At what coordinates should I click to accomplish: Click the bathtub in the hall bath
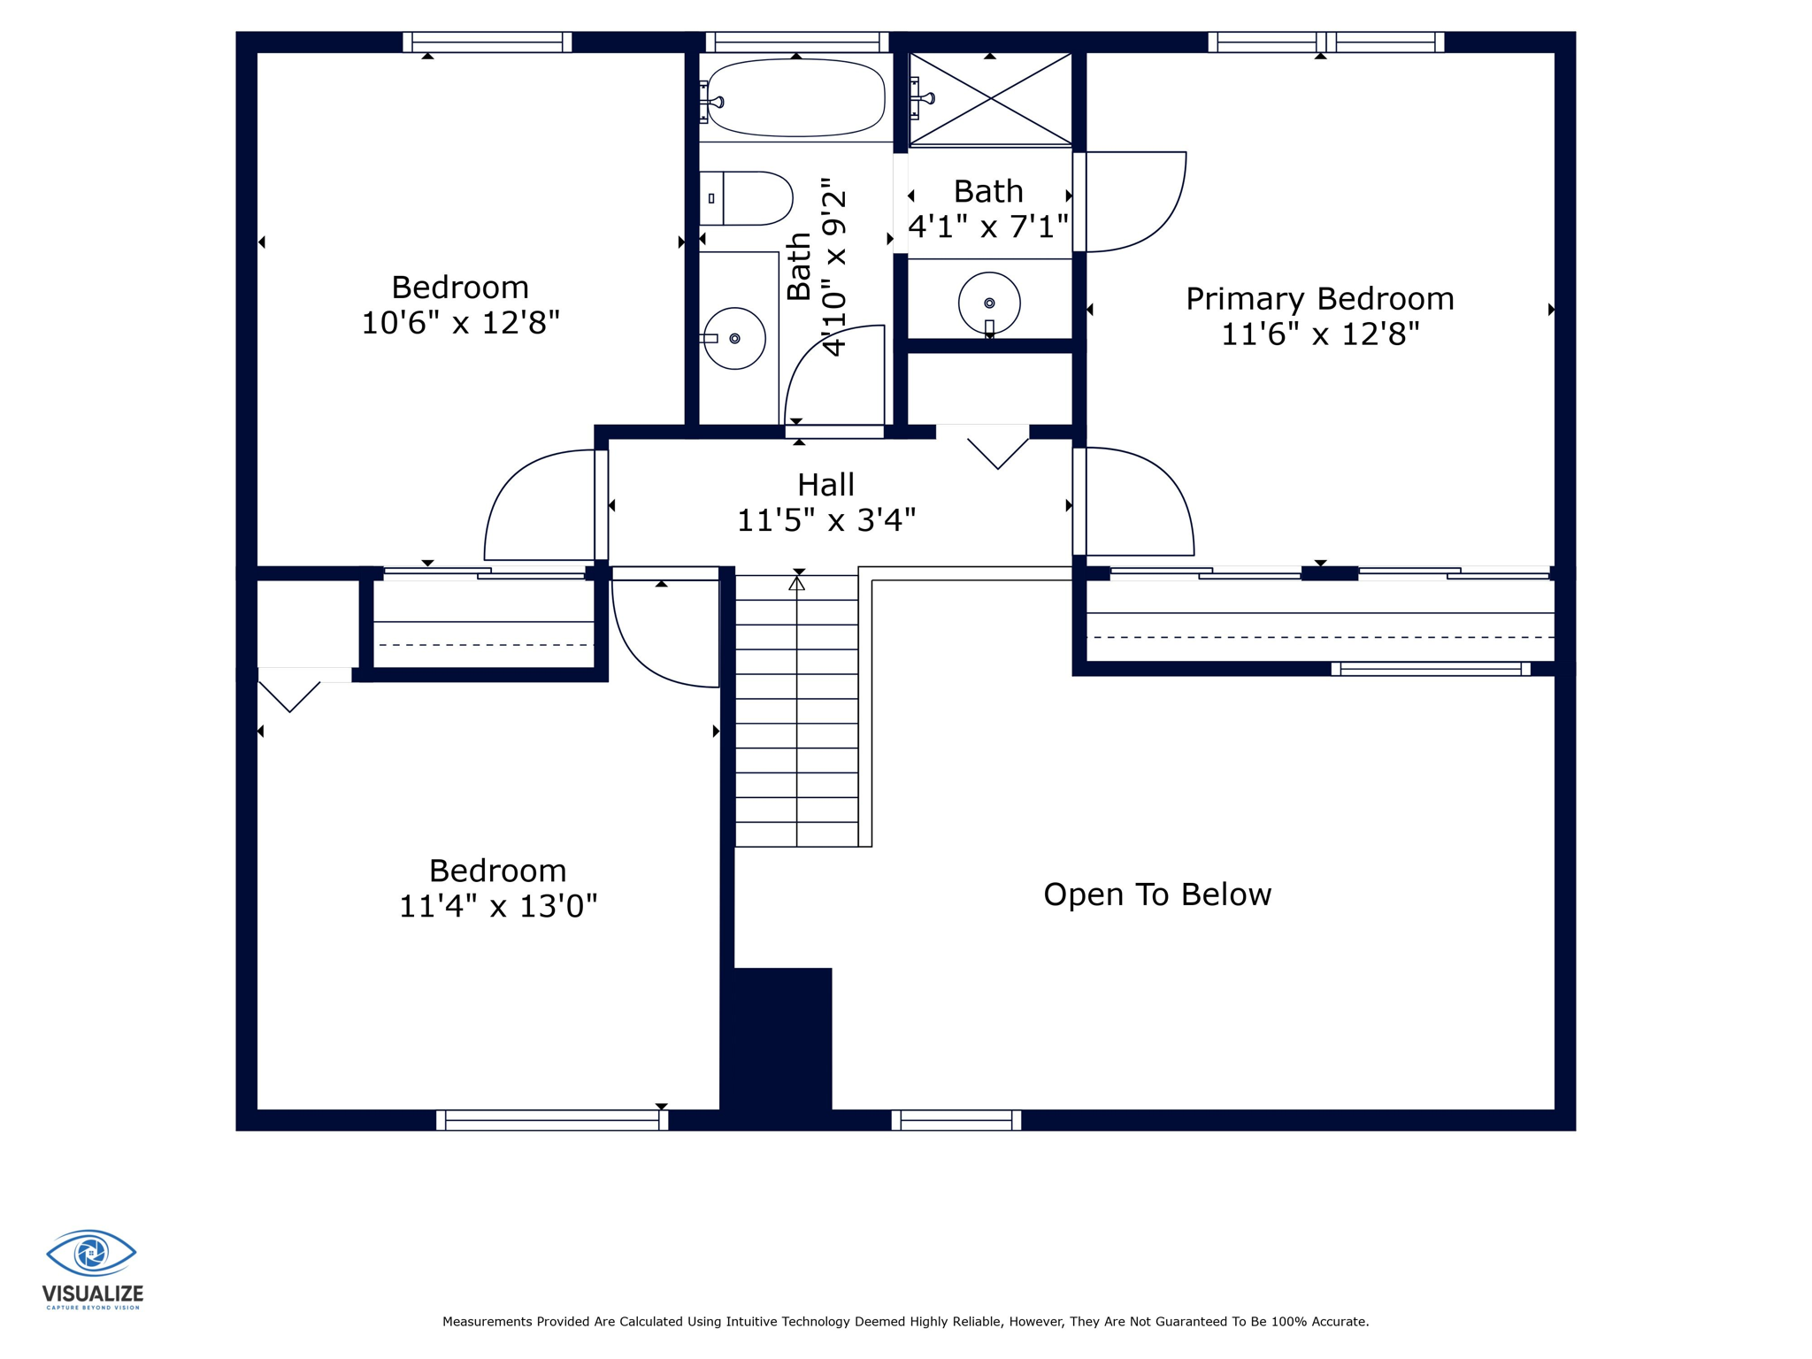click(x=795, y=97)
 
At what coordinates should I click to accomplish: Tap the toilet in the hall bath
click(x=746, y=198)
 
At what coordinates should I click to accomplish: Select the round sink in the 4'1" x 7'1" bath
click(x=989, y=303)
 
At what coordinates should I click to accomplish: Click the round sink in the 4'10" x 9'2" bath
click(x=734, y=338)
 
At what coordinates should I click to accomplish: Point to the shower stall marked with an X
click(x=991, y=99)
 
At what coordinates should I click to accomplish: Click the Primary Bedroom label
click(x=1320, y=299)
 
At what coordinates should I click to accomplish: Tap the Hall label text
click(x=825, y=485)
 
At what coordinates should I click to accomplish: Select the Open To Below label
click(x=1157, y=894)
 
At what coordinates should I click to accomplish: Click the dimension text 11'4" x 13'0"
click(x=498, y=906)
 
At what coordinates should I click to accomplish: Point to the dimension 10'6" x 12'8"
click(x=460, y=323)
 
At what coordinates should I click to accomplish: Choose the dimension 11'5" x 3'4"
click(x=825, y=520)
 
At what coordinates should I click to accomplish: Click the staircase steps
click(x=796, y=711)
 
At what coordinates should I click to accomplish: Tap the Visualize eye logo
click(x=91, y=1253)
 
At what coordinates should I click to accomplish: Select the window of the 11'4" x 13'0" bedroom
click(x=552, y=1120)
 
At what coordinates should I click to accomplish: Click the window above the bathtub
click(x=797, y=42)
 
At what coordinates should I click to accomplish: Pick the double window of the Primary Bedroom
click(x=1326, y=42)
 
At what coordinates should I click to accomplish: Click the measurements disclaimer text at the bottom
click(x=905, y=1322)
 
